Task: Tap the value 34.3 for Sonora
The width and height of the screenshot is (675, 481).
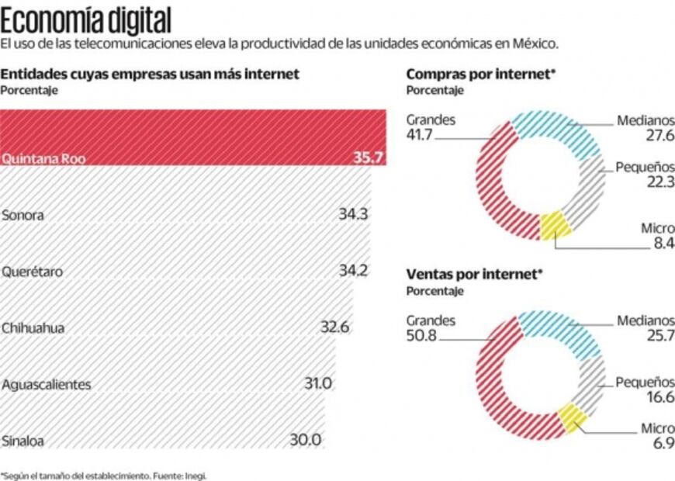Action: [x=352, y=214]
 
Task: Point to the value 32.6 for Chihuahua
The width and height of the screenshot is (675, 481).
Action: [x=335, y=327]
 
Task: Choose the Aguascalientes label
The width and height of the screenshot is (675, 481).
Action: [x=47, y=384]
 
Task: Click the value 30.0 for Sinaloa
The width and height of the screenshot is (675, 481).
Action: [x=306, y=440]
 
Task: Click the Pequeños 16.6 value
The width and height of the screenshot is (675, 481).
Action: [x=661, y=397]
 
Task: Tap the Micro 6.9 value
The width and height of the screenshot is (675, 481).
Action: [x=663, y=444]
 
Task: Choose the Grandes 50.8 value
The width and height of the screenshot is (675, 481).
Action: [x=421, y=335]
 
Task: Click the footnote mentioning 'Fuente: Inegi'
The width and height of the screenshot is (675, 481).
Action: [x=104, y=474]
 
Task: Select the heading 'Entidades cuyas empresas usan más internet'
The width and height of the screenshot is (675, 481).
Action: [x=151, y=74]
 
